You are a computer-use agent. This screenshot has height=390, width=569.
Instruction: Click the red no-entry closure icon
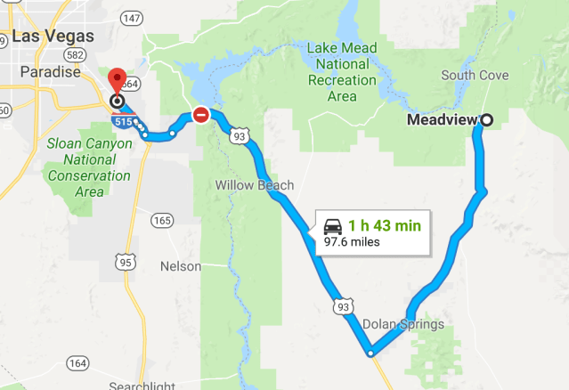(201, 115)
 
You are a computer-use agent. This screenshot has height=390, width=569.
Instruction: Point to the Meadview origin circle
(486, 119)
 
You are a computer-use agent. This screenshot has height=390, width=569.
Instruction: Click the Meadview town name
(442, 119)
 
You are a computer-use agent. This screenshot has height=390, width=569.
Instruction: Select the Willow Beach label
(255, 186)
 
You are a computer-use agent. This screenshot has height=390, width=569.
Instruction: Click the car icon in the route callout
(333, 225)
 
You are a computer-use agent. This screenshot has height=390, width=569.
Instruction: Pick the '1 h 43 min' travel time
(384, 225)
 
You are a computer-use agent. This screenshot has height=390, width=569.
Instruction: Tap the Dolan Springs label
(403, 324)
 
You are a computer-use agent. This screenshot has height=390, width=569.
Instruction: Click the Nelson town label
(181, 266)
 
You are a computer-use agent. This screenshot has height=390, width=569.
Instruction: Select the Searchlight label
(142, 386)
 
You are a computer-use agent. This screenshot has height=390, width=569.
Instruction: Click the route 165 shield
(162, 220)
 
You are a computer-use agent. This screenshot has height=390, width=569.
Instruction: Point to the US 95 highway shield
(124, 262)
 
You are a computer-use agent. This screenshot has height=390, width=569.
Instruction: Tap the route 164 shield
(77, 362)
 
